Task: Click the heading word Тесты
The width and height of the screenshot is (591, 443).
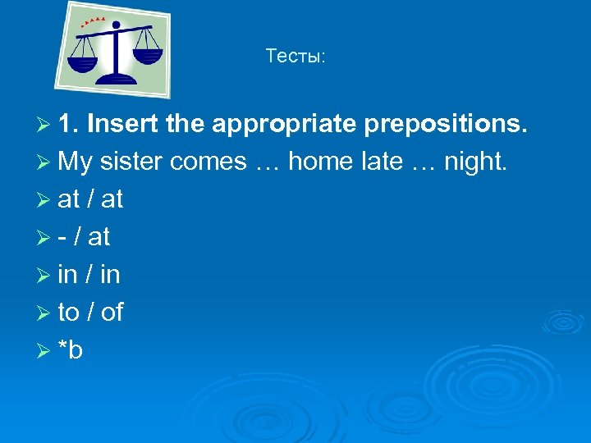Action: tap(295, 57)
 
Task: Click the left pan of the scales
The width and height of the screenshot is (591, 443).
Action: tap(82, 62)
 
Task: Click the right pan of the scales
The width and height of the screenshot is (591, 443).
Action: tap(147, 56)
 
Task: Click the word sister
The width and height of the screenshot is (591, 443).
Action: tap(132, 162)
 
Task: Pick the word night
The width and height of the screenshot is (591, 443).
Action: tap(475, 162)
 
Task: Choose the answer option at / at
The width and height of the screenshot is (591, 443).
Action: tap(90, 199)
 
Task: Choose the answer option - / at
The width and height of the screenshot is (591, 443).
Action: tap(85, 237)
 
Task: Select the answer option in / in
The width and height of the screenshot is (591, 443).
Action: tap(89, 275)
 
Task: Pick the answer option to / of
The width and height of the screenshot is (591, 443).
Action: tap(90, 313)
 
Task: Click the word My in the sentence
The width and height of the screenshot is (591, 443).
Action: tap(76, 162)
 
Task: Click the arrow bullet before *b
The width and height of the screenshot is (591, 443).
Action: tap(45, 350)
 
